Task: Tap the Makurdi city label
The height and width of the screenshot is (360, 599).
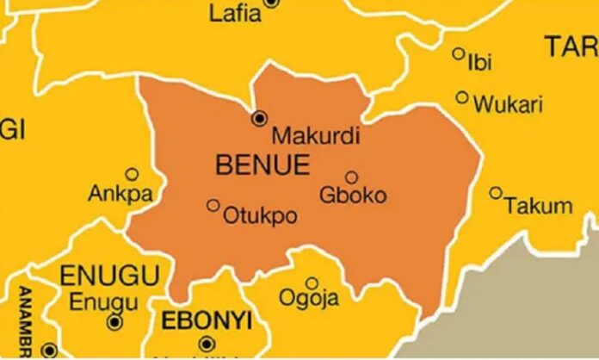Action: point(303,136)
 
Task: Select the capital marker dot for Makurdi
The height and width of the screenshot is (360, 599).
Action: point(259,117)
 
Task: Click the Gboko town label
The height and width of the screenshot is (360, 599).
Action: point(353,195)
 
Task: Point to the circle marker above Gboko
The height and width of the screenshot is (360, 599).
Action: point(351,177)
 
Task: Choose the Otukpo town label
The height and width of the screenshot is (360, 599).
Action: point(260,216)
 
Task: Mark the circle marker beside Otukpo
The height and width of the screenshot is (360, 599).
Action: point(213,205)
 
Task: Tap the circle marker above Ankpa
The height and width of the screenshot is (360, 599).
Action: point(132,174)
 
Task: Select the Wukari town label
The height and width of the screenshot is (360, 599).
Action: point(509,105)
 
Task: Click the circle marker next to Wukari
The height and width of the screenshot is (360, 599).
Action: point(462,98)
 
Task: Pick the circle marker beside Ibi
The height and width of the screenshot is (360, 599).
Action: point(458,53)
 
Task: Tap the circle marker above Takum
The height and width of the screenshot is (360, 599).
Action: point(496,193)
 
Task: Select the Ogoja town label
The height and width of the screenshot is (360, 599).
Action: point(308,299)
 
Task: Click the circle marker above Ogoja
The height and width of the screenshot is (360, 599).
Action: point(312,282)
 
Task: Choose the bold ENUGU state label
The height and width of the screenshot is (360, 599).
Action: point(111,276)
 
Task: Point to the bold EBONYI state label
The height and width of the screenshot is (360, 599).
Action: point(207,321)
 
